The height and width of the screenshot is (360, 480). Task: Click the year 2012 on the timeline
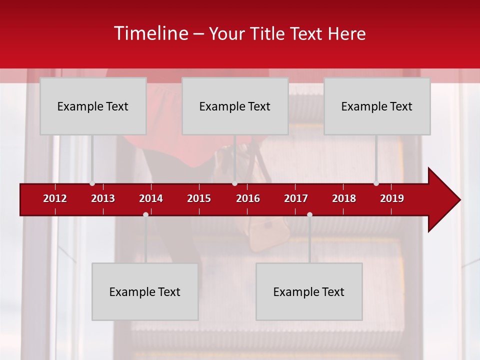click(55, 198)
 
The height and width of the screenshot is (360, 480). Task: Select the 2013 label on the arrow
click(103, 198)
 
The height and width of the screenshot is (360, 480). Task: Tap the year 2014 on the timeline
click(151, 198)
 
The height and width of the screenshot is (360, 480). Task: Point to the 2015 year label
click(199, 198)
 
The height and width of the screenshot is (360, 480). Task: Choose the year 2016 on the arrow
click(248, 198)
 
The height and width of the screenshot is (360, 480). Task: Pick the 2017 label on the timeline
click(296, 198)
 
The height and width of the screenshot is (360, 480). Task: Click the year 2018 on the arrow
click(344, 198)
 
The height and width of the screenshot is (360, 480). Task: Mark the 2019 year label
click(392, 198)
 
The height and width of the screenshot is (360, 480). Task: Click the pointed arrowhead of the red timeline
click(447, 199)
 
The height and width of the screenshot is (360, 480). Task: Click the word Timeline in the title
click(150, 33)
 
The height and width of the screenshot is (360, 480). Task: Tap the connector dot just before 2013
click(92, 183)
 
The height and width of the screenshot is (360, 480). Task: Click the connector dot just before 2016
click(234, 183)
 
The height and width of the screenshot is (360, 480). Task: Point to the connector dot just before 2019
click(376, 183)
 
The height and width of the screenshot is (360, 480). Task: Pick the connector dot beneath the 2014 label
click(145, 214)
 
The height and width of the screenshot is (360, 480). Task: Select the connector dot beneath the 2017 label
click(309, 214)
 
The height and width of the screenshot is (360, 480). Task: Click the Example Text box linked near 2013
click(93, 106)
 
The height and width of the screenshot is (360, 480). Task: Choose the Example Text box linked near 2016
click(235, 106)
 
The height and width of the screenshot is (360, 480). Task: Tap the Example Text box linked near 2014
click(145, 291)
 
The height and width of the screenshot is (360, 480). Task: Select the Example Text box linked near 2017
click(309, 291)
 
